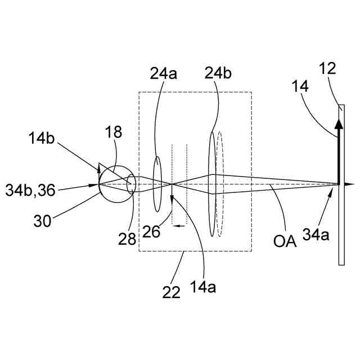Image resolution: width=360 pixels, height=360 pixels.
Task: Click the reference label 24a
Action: pos(163,73)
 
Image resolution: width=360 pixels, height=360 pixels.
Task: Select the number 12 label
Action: pos(328,69)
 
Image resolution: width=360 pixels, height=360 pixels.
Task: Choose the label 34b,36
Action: pos(36,185)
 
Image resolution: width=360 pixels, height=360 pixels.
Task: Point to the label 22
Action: pos(172,292)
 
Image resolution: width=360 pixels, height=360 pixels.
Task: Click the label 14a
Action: pos(202,287)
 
